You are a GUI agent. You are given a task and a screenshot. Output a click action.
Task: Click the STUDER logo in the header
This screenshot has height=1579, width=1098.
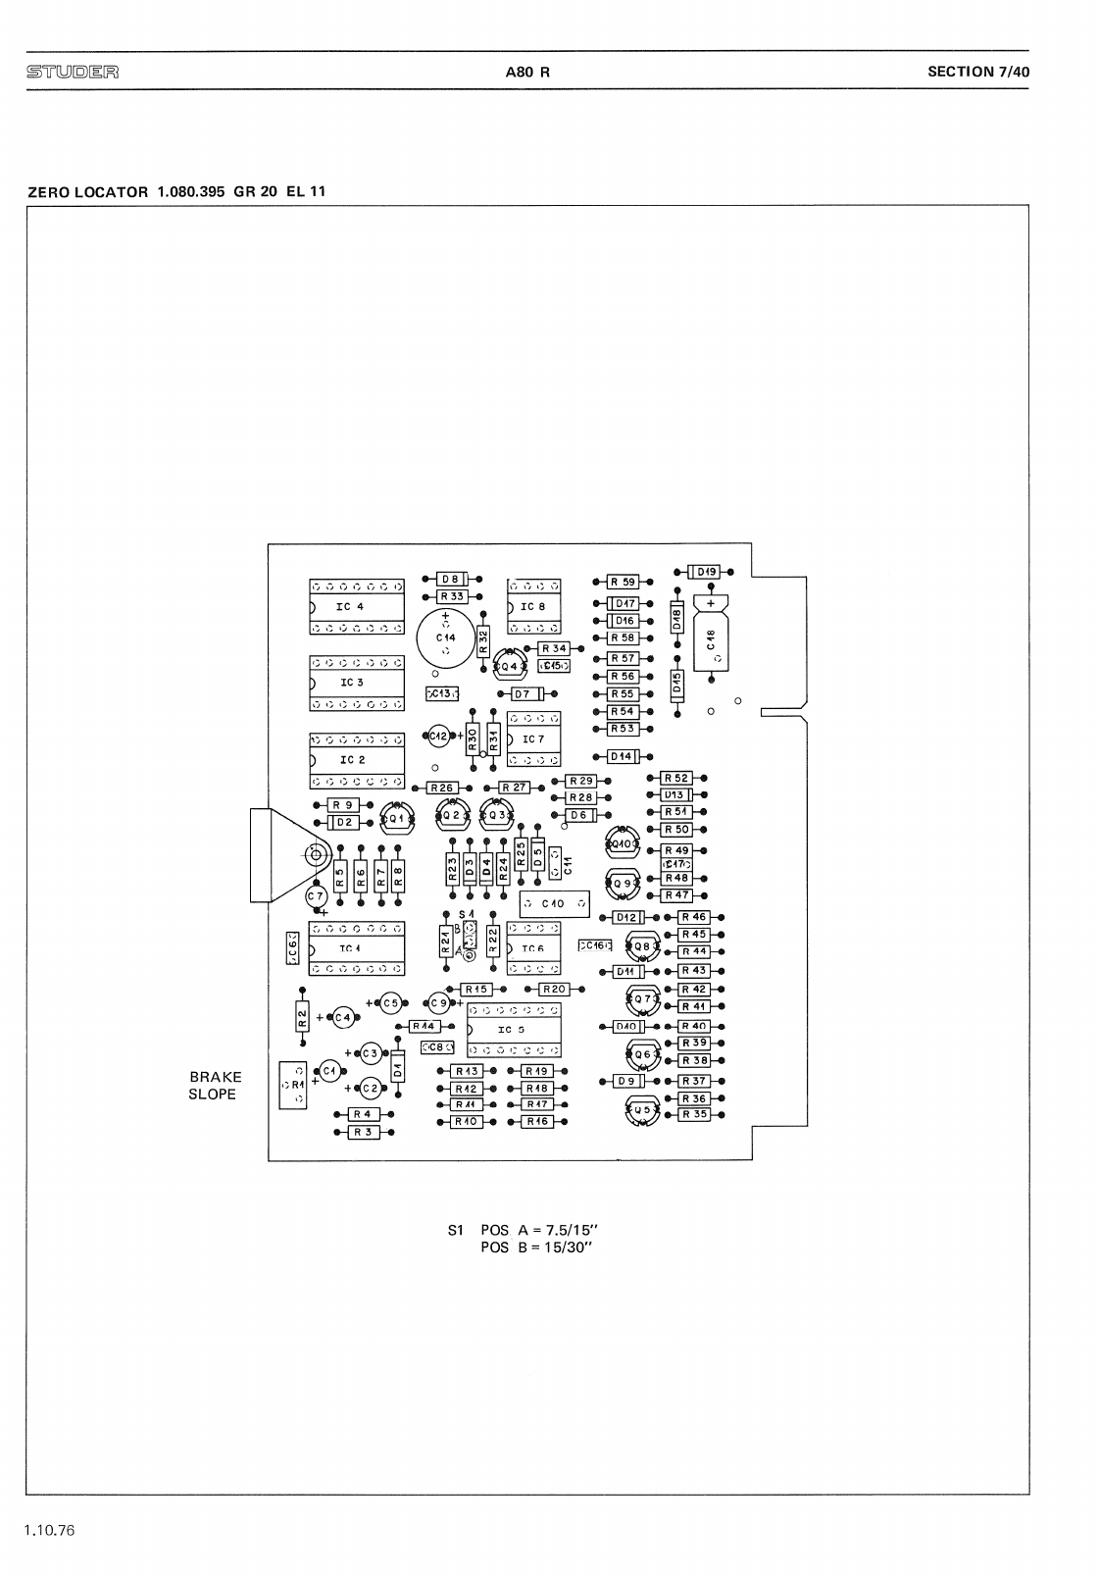coord(73,72)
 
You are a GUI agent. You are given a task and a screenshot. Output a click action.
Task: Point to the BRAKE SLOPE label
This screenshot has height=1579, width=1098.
coord(214,1086)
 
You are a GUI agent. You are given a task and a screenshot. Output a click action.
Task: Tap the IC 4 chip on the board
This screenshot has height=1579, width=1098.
coord(356,607)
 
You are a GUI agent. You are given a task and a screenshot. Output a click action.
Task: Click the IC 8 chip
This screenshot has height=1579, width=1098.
coord(533,607)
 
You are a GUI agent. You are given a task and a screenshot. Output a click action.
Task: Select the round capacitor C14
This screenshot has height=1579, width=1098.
coord(446,637)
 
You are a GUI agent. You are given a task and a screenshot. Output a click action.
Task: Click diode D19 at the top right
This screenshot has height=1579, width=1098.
coord(705,571)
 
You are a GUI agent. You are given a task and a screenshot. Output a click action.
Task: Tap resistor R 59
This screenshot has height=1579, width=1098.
coord(623,582)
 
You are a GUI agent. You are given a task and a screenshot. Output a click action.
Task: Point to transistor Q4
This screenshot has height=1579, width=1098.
coord(510,666)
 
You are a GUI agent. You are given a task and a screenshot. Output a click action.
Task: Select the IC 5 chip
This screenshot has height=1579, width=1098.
coord(514,1030)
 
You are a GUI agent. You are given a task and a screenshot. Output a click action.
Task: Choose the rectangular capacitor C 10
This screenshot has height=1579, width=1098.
coord(554,903)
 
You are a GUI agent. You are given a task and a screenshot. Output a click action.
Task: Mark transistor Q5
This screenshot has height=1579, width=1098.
coord(643,1112)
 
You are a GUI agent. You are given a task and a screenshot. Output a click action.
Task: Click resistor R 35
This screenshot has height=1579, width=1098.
coord(694,1114)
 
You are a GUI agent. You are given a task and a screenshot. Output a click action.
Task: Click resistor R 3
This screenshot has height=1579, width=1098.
coord(364,1132)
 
